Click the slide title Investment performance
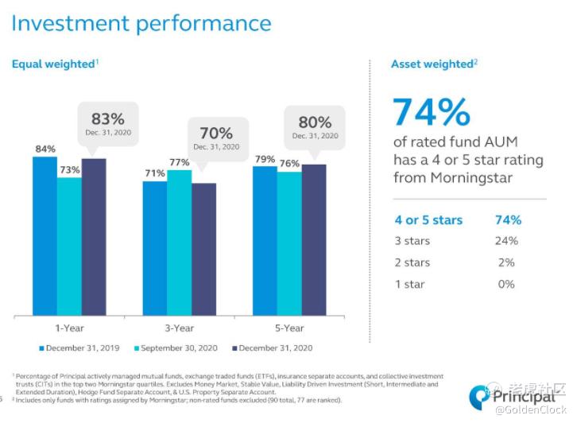(141, 23)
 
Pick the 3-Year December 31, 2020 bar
(203, 248)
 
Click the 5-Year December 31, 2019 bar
(265, 239)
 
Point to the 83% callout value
(106, 117)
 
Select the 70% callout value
(215, 133)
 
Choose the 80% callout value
(315, 122)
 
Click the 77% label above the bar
(180, 162)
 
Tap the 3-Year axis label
(180, 328)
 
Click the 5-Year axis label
(289, 328)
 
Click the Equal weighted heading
(52, 64)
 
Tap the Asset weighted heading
(432, 64)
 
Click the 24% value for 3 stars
(506, 241)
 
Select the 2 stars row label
(412, 262)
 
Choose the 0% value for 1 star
(506, 284)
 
